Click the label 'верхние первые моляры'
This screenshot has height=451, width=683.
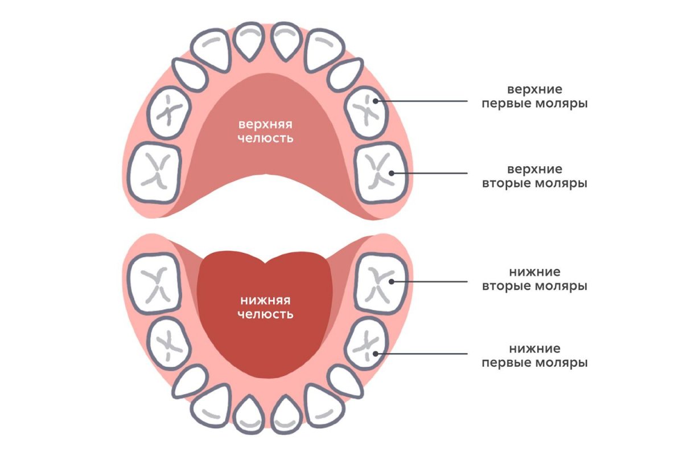click(534, 97)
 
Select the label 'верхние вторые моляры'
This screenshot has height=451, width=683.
click(534, 177)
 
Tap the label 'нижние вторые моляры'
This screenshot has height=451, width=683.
click(534, 279)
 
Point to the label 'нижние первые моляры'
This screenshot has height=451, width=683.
click(534, 355)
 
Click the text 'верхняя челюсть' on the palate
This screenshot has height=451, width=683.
click(266, 131)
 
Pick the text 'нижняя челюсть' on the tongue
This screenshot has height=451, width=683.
click(266, 307)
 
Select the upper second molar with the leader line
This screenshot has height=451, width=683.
click(380, 172)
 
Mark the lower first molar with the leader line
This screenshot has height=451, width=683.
click(367, 343)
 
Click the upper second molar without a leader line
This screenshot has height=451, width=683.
click(154, 172)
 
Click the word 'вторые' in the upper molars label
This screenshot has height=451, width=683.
click(509, 184)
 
